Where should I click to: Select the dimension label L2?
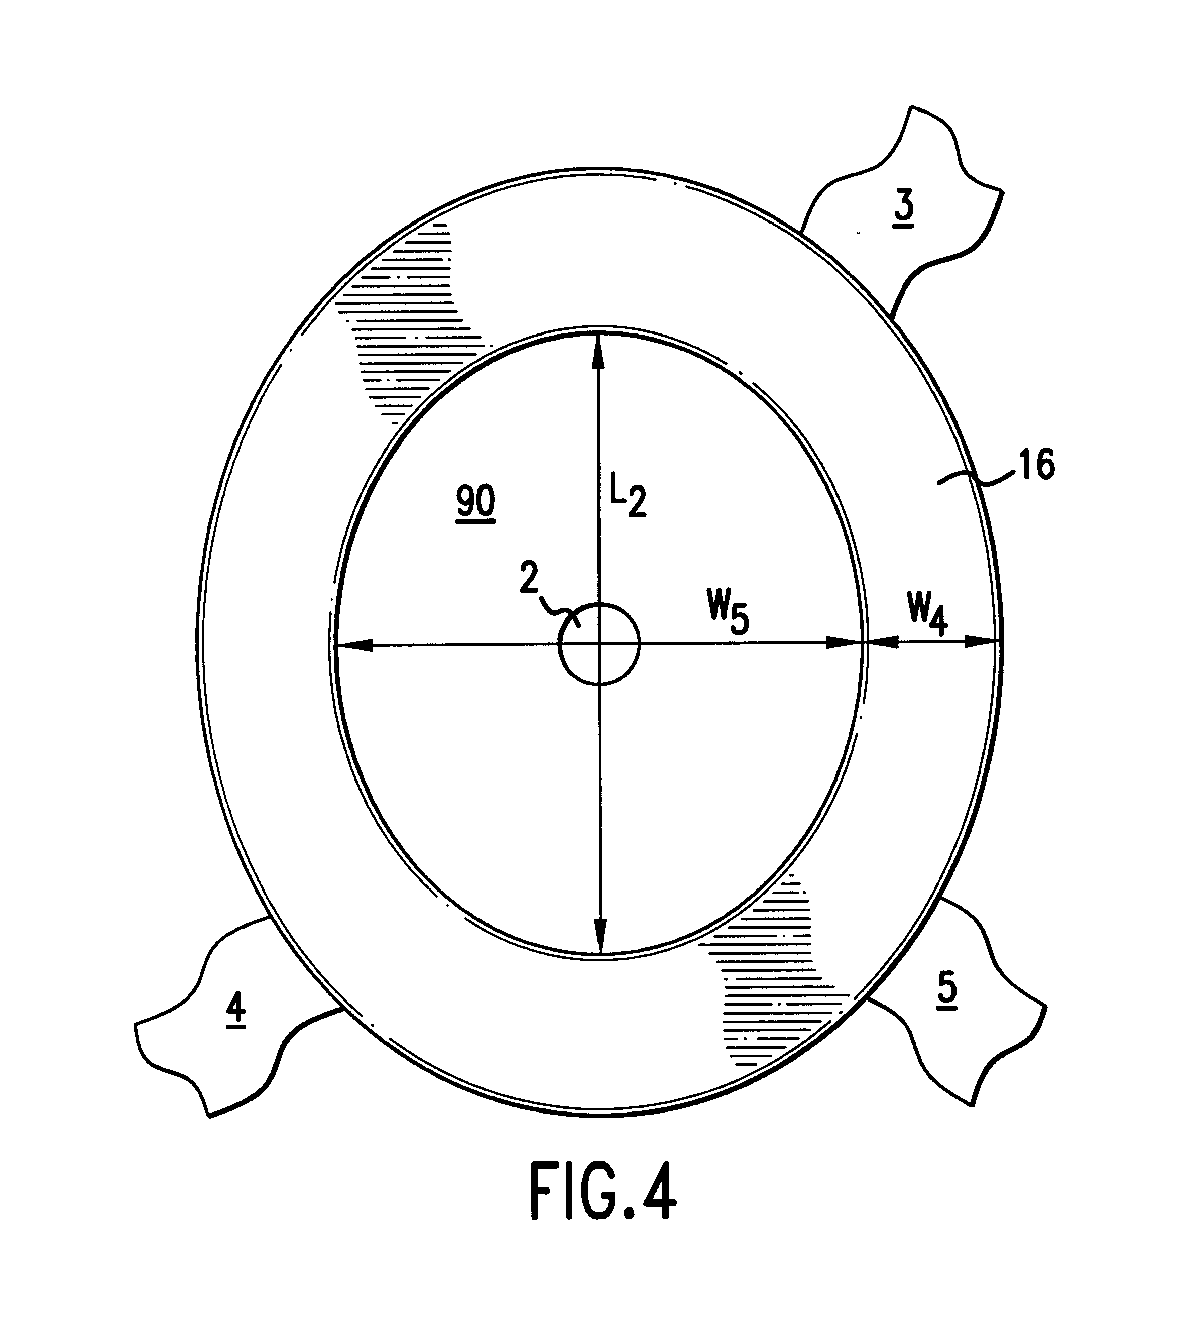[x=628, y=500]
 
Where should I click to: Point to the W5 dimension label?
[x=728, y=615]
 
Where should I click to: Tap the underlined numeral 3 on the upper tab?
[x=903, y=209]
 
